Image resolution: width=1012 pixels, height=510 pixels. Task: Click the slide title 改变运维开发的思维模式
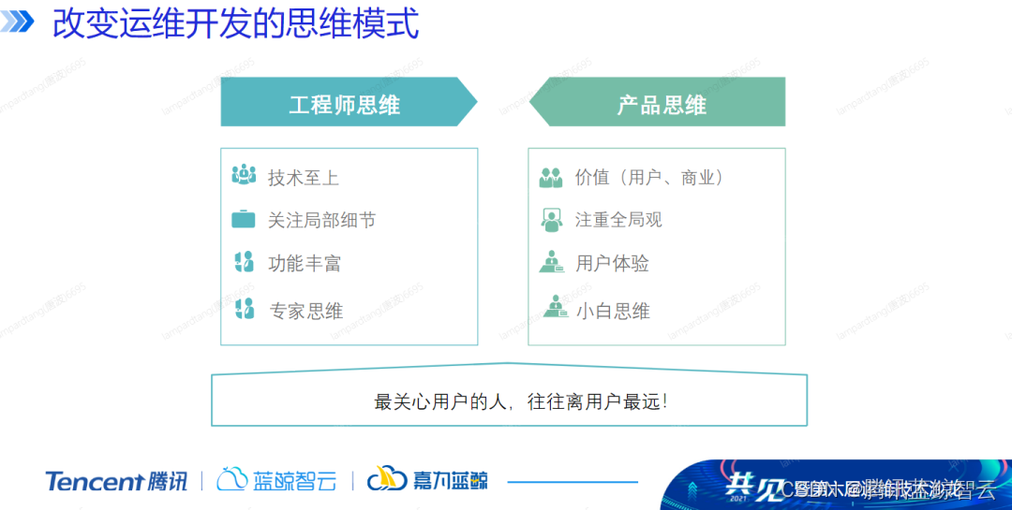pos(235,23)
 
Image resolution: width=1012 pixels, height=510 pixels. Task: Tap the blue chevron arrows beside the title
pos(21,22)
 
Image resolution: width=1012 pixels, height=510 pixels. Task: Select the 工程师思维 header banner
pos(345,103)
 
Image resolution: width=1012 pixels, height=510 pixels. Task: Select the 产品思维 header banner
pos(661,103)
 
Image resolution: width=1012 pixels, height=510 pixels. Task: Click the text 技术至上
pos(303,177)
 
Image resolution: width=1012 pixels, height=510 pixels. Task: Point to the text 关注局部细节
pos(321,220)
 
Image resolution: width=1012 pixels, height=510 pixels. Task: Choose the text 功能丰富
pos(304,264)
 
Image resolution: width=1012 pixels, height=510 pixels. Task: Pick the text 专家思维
pos(305,311)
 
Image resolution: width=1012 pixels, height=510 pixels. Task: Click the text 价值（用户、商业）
pos(649,177)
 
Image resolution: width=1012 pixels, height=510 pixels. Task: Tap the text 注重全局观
pos(618,220)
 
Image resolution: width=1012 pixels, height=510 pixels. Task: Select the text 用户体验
pos(612,264)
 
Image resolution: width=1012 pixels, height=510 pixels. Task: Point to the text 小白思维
pos(612,311)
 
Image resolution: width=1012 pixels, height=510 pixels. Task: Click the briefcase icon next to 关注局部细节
pos(244,220)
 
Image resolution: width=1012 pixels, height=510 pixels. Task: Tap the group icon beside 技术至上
pos(244,175)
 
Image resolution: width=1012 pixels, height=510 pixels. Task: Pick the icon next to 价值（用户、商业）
pos(551,176)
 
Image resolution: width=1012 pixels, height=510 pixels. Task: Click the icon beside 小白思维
pos(552,307)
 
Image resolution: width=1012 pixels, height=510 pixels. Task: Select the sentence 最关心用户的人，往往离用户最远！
pos(521,402)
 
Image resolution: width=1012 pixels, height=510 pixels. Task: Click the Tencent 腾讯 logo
pos(116,481)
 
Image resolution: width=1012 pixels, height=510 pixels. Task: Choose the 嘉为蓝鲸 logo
pos(427,480)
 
